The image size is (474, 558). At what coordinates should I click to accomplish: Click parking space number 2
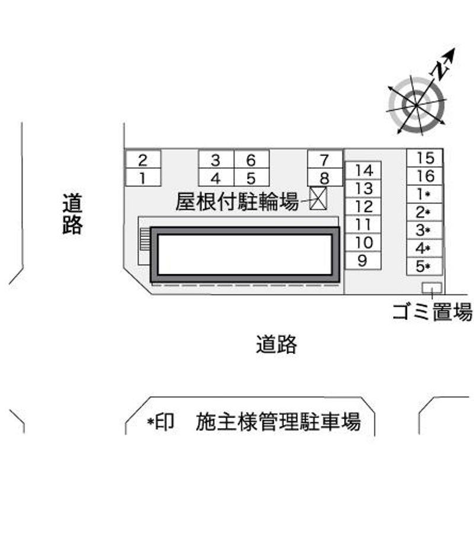click(x=143, y=159)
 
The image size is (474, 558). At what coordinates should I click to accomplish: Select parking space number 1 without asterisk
click(x=143, y=177)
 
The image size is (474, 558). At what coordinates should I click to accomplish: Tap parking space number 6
click(x=251, y=159)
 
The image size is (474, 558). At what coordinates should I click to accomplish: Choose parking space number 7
click(x=324, y=159)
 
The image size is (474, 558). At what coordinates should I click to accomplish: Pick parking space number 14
click(x=363, y=171)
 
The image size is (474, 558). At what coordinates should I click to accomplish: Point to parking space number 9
click(x=363, y=260)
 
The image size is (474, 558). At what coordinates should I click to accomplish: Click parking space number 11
click(x=363, y=225)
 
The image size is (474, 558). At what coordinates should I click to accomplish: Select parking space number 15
click(x=425, y=158)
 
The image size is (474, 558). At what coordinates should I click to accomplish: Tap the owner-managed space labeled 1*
click(x=425, y=194)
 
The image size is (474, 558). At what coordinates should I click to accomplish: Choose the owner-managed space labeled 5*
click(x=425, y=266)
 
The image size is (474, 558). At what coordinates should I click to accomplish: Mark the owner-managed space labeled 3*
click(x=425, y=230)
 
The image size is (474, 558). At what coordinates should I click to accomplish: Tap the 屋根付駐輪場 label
click(x=237, y=202)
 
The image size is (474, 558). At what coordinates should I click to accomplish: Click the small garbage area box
click(x=431, y=287)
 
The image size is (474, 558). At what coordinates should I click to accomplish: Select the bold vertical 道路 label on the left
click(x=72, y=214)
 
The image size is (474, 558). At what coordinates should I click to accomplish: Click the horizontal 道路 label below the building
click(x=276, y=344)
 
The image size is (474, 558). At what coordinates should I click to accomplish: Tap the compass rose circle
click(x=417, y=104)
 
